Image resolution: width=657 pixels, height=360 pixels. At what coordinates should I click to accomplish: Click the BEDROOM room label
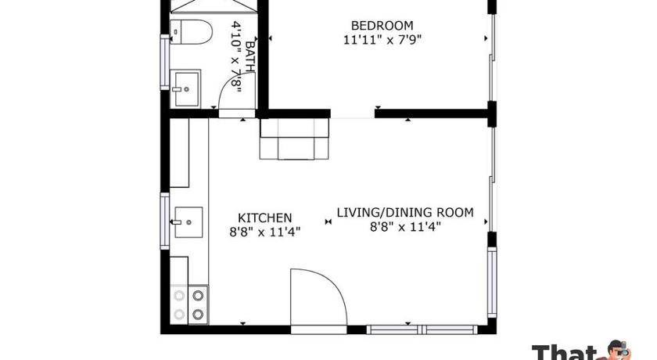coord(382,26)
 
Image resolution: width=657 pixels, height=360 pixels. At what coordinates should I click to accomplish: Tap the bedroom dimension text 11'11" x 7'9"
coord(382,40)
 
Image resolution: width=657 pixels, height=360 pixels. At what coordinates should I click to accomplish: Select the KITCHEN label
coord(265,218)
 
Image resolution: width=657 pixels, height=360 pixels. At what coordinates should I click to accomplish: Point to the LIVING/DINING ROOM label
coord(405,213)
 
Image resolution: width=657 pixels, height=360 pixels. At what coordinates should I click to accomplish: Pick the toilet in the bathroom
coord(191,32)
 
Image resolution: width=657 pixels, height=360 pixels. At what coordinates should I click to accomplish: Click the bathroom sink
coord(185,88)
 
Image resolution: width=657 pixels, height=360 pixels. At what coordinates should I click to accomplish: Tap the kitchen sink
coord(188,222)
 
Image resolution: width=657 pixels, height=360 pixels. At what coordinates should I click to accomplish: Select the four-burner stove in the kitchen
coord(189,304)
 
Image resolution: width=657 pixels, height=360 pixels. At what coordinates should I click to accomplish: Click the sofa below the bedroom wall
coord(294,139)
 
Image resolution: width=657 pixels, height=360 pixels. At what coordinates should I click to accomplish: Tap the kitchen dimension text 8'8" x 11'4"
coord(265,232)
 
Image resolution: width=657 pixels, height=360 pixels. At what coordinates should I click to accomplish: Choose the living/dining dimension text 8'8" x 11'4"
coord(405,227)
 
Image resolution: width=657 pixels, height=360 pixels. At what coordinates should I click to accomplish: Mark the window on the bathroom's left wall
coord(165,62)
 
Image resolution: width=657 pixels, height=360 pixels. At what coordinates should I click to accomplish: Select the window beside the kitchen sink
coord(165,221)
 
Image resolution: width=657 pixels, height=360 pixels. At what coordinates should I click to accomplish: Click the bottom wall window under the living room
coord(422,329)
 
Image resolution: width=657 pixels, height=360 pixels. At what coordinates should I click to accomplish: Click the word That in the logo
coord(565,353)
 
